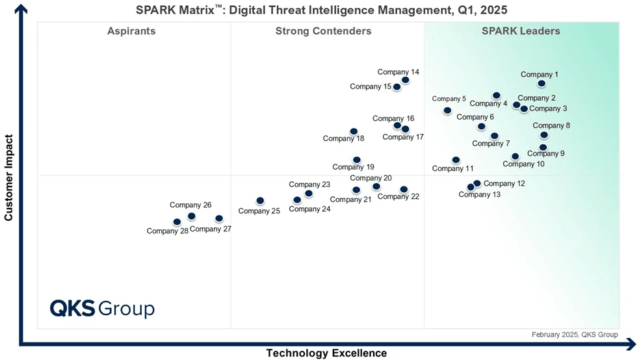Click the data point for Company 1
(x=542, y=84)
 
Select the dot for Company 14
(x=406, y=80)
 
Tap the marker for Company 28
(x=177, y=222)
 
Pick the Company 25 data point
(x=260, y=201)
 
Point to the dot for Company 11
(x=456, y=160)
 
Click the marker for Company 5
(x=447, y=110)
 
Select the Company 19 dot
(x=356, y=159)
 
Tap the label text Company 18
(x=343, y=138)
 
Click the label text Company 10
(x=523, y=164)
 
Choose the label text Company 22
(x=398, y=197)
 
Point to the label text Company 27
(x=211, y=229)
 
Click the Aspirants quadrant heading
(x=131, y=31)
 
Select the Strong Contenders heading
(x=323, y=31)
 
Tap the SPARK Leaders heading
(x=521, y=31)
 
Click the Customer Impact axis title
(x=9, y=177)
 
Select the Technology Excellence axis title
(x=326, y=354)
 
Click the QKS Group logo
(x=102, y=308)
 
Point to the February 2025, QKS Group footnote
(x=575, y=335)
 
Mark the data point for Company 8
(x=544, y=135)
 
